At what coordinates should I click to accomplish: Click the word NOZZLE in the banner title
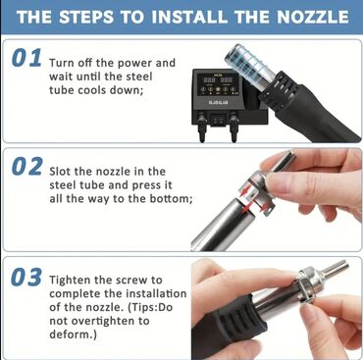tap(313, 17)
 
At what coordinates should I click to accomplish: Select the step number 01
tap(26, 58)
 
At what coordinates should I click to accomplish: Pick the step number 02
tap(26, 166)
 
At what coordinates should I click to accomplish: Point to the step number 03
tap(26, 278)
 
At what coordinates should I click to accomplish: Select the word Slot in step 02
tap(60, 172)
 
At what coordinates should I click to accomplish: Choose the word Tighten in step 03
tap(70, 281)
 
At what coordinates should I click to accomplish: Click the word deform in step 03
tap(70, 334)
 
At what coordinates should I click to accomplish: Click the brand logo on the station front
tap(218, 103)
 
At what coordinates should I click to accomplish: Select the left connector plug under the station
tap(202, 127)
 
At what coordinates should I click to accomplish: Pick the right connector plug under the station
tap(233, 127)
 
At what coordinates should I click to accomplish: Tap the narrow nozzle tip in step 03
tap(336, 269)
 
